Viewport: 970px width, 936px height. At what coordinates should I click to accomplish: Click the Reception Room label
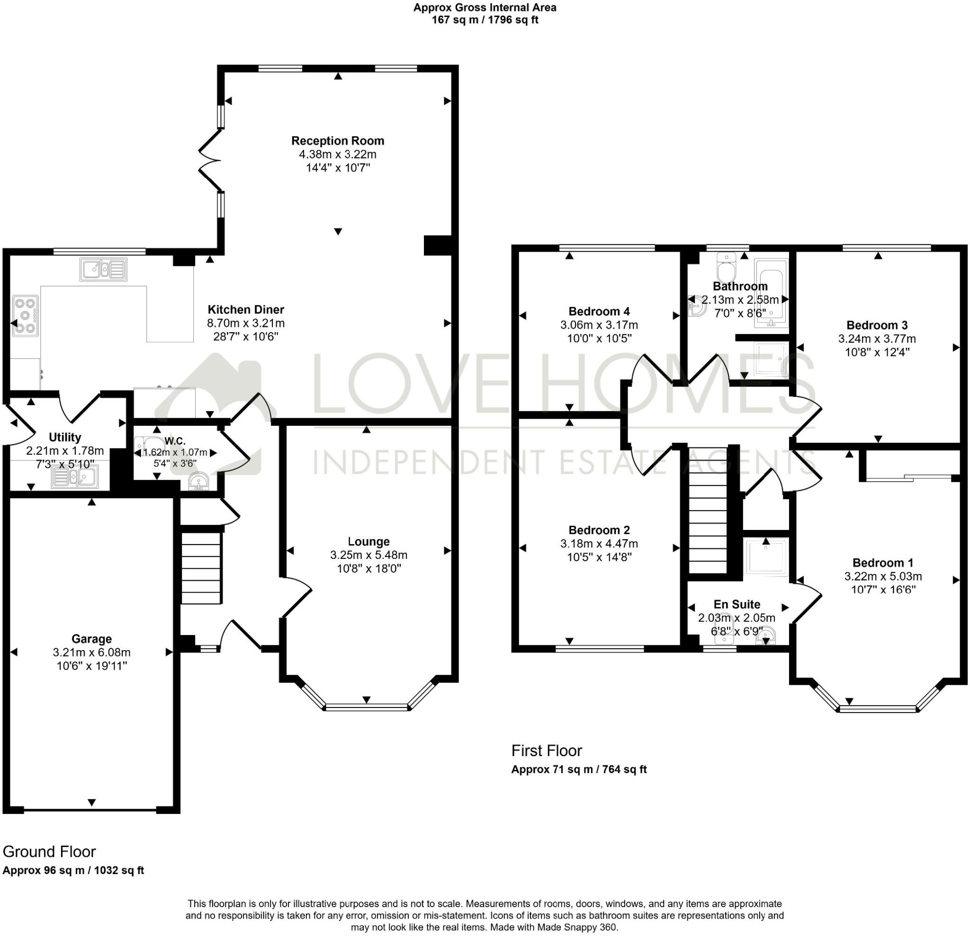338,141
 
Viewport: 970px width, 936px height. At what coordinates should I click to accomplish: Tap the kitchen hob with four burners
25,316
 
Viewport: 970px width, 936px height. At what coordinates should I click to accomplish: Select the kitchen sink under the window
103,269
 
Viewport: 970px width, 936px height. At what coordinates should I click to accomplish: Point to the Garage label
91,639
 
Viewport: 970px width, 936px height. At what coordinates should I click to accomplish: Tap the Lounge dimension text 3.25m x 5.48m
368,555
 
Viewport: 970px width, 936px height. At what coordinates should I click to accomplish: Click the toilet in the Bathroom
726,267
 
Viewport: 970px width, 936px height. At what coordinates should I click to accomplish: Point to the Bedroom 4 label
599,311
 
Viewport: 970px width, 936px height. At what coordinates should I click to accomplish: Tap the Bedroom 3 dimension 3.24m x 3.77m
877,339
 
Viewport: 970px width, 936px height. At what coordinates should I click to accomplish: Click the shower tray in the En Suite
766,557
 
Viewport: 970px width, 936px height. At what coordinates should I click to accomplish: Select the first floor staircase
708,509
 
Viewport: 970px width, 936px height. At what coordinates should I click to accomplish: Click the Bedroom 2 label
599,530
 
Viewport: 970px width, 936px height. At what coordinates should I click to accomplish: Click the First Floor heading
547,751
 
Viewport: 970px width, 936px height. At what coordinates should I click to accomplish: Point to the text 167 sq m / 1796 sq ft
485,20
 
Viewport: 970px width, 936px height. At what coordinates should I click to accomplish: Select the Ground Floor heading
49,851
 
